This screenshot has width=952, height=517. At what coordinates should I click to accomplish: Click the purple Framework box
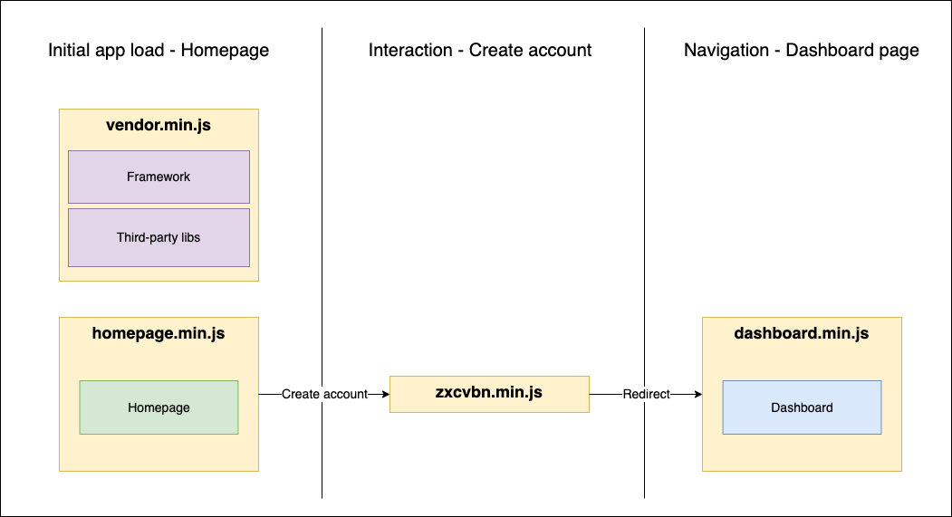point(159,177)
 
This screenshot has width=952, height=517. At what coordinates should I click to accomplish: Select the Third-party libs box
point(159,237)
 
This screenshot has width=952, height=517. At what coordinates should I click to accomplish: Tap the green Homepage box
point(159,407)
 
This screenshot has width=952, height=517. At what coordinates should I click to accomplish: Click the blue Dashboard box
point(802,407)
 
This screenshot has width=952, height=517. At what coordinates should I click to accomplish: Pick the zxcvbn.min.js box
point(489,394)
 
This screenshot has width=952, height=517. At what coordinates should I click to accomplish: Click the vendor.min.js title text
point(159,125)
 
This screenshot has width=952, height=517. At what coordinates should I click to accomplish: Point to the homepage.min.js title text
point(159,333)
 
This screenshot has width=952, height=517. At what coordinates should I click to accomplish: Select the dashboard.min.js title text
point(802,333)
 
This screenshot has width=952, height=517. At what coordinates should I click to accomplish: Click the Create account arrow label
point(324,394)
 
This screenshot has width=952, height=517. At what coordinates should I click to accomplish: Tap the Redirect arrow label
point(646,394)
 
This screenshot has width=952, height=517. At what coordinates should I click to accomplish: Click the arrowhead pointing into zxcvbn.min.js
point(384,394)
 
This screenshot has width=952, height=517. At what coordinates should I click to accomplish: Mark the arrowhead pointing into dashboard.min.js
point(697,394)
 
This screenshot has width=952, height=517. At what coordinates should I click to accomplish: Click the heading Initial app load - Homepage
point(159,51)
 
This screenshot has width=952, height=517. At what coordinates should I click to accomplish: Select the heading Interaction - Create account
point(480,51)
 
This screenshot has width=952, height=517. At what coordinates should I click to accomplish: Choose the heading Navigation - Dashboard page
point(802,51)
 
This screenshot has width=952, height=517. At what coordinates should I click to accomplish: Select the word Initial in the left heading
point(69,51)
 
